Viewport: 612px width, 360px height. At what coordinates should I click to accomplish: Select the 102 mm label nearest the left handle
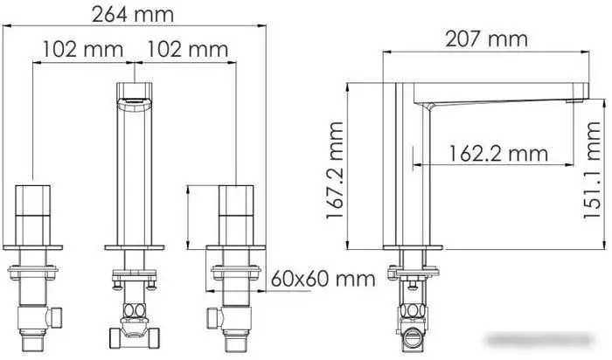coord(82,50)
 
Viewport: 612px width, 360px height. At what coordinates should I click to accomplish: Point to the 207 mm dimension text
coord(487,38)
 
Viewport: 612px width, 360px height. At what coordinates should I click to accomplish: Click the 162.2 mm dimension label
coord(497,154)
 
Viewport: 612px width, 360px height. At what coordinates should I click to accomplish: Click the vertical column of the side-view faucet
coord(410,175)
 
